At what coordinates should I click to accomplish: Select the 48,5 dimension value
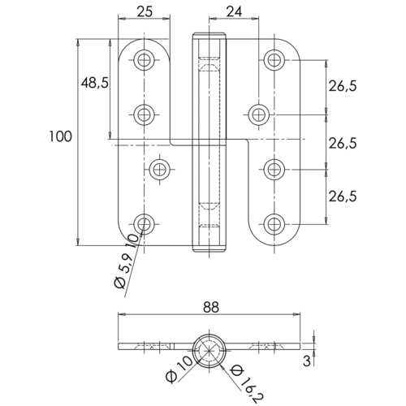click(x=95, y=84)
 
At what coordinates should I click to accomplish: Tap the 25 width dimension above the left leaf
click(x=145, y=11)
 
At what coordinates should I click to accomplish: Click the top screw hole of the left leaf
click(x=145, y=59)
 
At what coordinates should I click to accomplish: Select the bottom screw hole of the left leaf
click(x=145, y=222)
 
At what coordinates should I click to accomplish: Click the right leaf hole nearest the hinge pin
click(x=258, y=113)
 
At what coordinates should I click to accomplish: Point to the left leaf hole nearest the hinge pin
click(x=160, y=169)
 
